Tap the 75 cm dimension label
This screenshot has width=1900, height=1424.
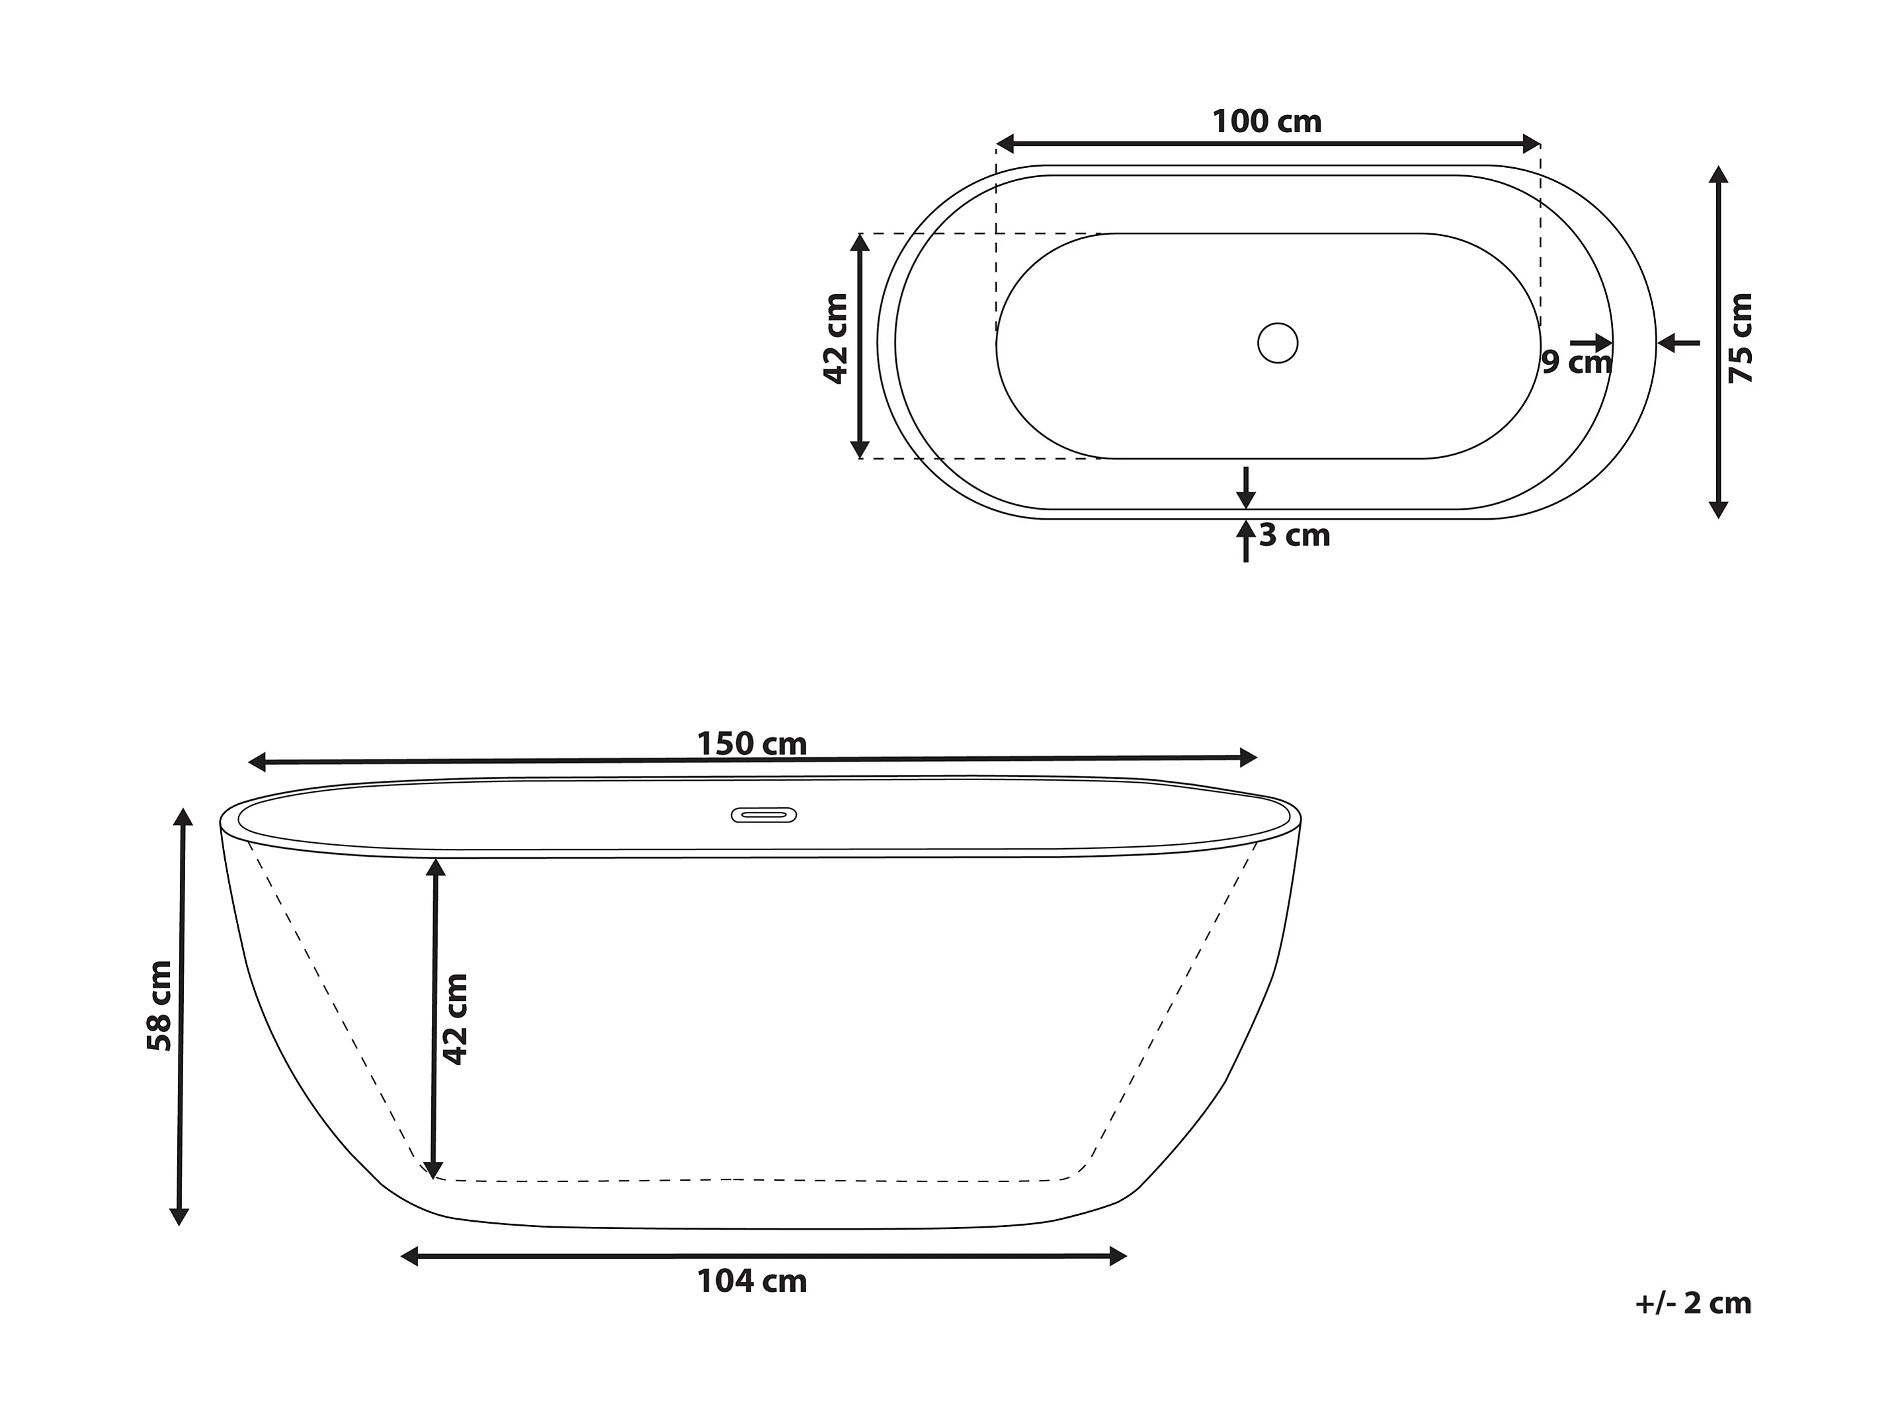pos(1739,338)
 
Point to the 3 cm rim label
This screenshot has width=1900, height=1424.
pos(1294,535)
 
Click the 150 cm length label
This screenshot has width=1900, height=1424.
pos(751,744)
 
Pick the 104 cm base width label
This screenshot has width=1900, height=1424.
pos(751,1281)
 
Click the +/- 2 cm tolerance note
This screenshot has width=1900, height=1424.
pos(1693,1303)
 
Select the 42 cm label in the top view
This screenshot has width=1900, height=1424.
pos(836,338)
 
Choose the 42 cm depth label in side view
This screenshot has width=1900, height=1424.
pos(455,1019)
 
